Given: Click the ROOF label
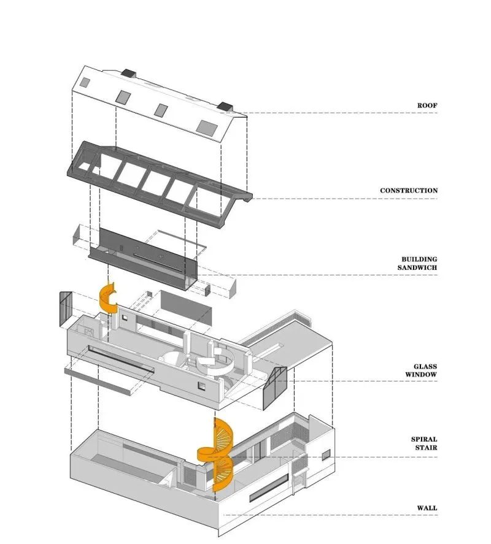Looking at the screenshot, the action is point(427,105).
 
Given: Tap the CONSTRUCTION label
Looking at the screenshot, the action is point(409,191).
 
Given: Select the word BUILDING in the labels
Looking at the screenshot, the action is point(419,259).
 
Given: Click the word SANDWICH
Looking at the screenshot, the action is point(417,267).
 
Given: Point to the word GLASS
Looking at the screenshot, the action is point(425,366).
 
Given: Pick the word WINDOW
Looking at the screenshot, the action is point(421,375).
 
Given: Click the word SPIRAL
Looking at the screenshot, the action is point(424,439).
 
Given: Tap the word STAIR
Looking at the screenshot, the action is point(426,448).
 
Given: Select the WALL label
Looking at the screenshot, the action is point(427,508).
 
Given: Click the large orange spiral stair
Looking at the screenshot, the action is point(215,454).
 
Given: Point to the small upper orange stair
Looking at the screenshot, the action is point(108,297).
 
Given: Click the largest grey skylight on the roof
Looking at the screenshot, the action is point(207,126).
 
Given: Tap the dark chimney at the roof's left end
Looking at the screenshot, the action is point(128,73).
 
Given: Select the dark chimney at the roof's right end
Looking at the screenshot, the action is point(226,106).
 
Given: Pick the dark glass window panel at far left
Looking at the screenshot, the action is point(66,308).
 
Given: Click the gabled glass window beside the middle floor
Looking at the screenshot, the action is point(275,388).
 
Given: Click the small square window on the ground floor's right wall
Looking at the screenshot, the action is point(326,454).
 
